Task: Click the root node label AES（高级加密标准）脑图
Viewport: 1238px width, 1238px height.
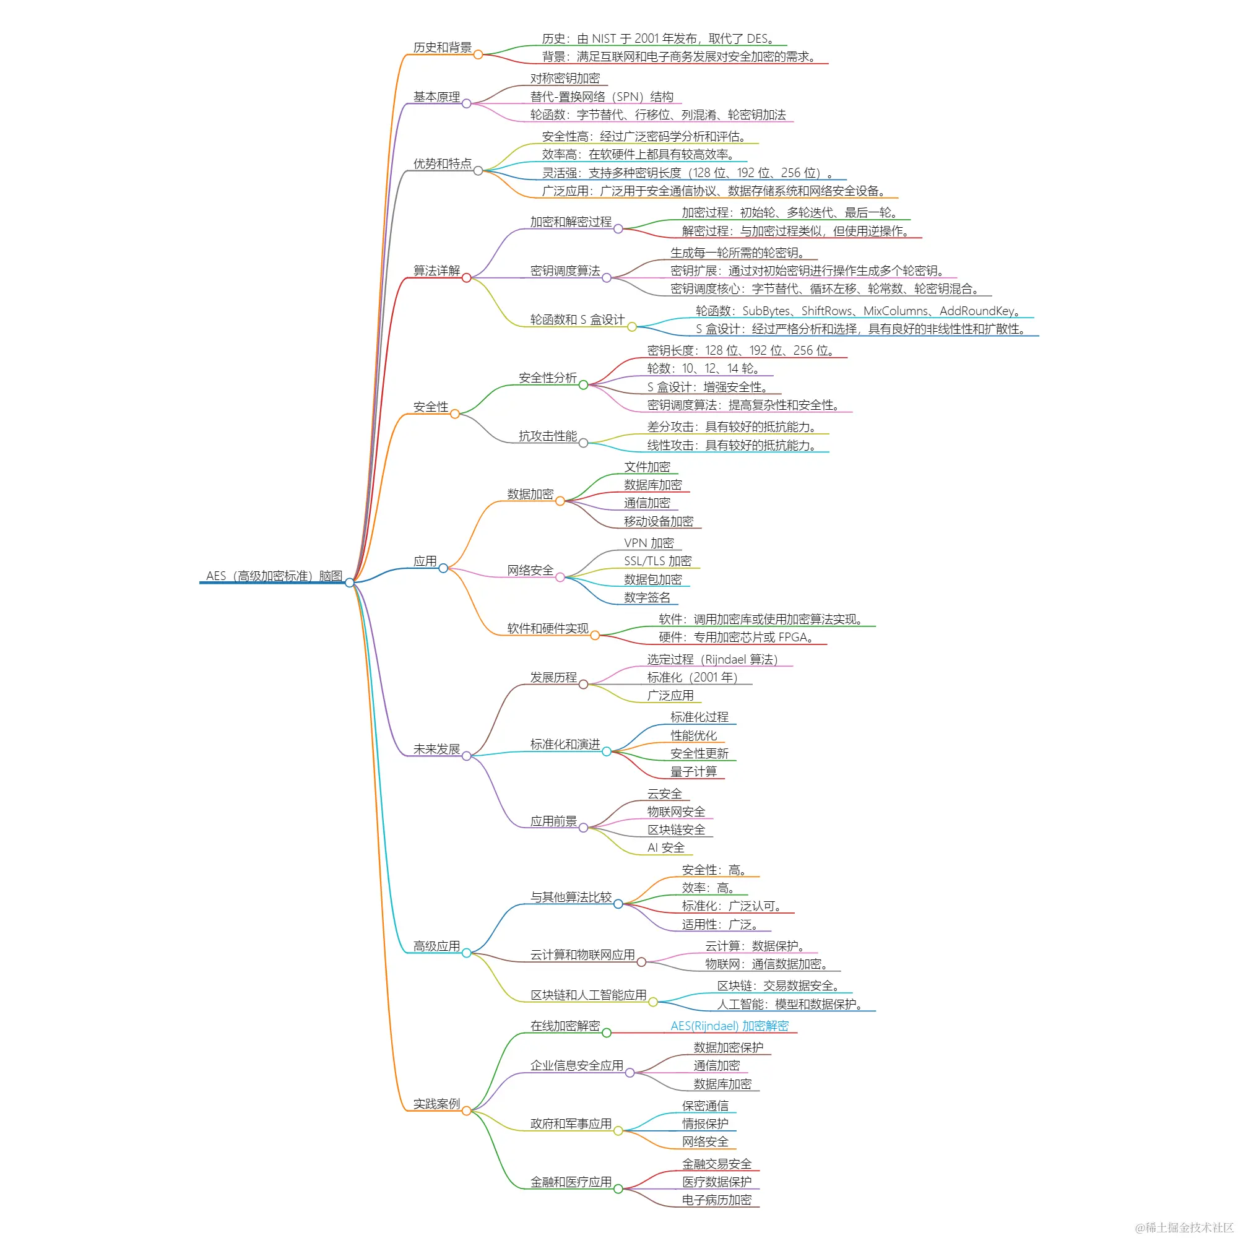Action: pyautogui.click(x=274, y=576)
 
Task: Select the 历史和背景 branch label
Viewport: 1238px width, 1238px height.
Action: pyautogui.click(x=442, y=48)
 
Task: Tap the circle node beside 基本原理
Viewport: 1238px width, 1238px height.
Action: pyautogui.click(x=467, y=104)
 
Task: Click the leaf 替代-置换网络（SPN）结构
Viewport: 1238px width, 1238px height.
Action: pyautogui.click(x=602, y=97)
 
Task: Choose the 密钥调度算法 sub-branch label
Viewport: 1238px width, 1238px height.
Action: pyautogui.click(x=565, y=271)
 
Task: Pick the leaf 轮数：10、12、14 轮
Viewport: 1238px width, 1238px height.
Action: pyautogui.click(x=704, y=368)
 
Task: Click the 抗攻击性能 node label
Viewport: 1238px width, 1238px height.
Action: pyautogui.click(x=547, y=436)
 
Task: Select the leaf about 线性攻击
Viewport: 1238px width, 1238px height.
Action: pyautogui.click(x=732, y=445)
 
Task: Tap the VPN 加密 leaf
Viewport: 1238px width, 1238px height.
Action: pyautogui.click(x=649, y=543)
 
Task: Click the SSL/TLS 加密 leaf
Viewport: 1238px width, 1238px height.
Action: pyautogui.click(x=657, y=561)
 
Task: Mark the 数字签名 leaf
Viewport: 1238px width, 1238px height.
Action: pyautogui.click(x=647, y=597)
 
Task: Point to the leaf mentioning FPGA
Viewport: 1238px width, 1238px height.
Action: pyautogui.click(x=736, y=637)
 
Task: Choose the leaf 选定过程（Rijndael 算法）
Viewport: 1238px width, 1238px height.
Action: pyautogui.click(x=712, y=659)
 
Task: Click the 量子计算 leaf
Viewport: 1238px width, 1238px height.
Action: pyautogui.click(x=693, y=771)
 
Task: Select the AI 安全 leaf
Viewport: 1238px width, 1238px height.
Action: pyautogui.click(x=666, y=847)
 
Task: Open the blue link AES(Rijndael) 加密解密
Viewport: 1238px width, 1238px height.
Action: pyautogui.click(x=729, y=1025)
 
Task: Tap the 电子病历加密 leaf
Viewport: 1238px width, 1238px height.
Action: pyautogui.click(x=716, y=1200)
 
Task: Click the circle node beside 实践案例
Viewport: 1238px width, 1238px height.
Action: pyautogui.click(x=467, y=1110)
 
